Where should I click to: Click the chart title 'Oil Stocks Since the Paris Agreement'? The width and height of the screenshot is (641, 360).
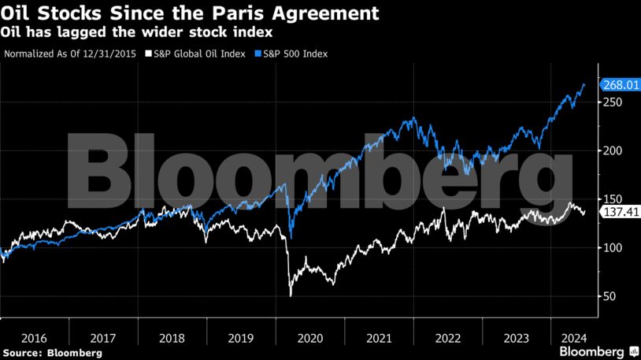tap(190, 13)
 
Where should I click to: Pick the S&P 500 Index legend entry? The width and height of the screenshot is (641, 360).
tap(291, 54)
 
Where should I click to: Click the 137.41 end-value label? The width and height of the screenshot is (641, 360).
tap(619, 213)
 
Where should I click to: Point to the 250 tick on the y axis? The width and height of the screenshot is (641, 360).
tap(613, 102)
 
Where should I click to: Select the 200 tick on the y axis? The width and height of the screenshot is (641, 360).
tap(613, 151)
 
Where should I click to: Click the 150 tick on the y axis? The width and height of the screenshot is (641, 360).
tap(613, 199)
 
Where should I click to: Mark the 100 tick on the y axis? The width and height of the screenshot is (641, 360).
tap(613, 248)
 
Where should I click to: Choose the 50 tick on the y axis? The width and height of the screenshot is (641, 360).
tap(610, 297)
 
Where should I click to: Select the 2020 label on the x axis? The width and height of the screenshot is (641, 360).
tap(309, 338)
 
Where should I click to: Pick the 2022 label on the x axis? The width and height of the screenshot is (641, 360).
tap(447, 338)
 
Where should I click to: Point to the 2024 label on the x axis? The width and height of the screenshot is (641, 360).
tap(572, 338)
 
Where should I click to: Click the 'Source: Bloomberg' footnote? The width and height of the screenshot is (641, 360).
tap(52, 353)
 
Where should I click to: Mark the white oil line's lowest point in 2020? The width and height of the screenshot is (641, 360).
tap(291, 296)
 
